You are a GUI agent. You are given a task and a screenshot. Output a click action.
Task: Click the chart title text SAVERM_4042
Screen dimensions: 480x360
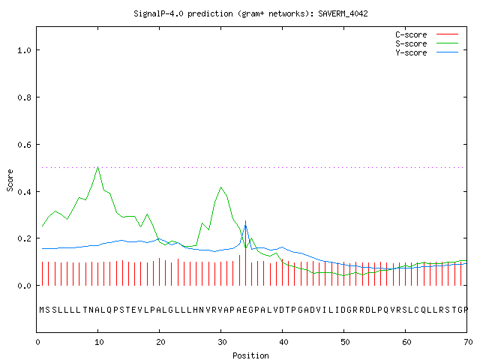click(x=343, y=13)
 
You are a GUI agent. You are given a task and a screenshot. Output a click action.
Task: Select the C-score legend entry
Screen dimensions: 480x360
click(x=427, y=34)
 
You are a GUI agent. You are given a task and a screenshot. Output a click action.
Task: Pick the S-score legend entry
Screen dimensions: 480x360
click(x=427, y=43)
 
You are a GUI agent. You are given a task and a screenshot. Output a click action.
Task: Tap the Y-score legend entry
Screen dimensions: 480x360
click(x=427, y=52)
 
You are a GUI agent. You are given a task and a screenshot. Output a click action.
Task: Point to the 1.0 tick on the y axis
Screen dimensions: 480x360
click(x=24, y=50)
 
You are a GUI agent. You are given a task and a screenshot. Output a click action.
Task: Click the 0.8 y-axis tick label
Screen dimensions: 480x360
click(x=24, y=97)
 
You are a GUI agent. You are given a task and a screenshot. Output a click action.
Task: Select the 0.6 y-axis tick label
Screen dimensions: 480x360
click(x=24, y=145)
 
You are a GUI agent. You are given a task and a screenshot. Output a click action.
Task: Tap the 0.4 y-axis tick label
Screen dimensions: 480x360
click(x=24, y=192)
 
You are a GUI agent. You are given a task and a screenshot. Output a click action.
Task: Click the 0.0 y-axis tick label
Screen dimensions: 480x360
click(x=24, y=286)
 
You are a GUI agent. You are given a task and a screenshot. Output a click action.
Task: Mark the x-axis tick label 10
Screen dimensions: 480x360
click(x=99, y=342)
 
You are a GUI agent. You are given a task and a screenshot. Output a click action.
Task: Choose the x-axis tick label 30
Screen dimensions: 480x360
click(x=222, y=342)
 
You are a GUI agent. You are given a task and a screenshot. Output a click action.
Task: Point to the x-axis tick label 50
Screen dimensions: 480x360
click(x=345, y=342)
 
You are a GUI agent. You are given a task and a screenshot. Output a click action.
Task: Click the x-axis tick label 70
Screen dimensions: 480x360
click(x=468, y=342)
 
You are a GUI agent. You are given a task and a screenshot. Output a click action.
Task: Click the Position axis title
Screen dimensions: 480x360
click(x=250, y=355)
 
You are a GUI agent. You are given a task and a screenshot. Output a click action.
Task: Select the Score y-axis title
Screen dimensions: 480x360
click(x=10, y=180)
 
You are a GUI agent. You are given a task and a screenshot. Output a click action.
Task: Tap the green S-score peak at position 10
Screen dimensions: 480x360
click(x=98, y=167)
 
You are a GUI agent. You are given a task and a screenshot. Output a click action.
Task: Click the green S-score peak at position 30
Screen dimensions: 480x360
click(x=220, y=187)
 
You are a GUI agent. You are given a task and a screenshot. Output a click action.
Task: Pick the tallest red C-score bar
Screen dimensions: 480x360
click(x=245, y=253)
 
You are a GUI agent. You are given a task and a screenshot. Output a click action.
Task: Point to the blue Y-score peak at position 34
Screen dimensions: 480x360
click(x=245, y=226)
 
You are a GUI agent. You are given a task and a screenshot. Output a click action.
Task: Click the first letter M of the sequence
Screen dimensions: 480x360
click(x=42, y=310)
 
